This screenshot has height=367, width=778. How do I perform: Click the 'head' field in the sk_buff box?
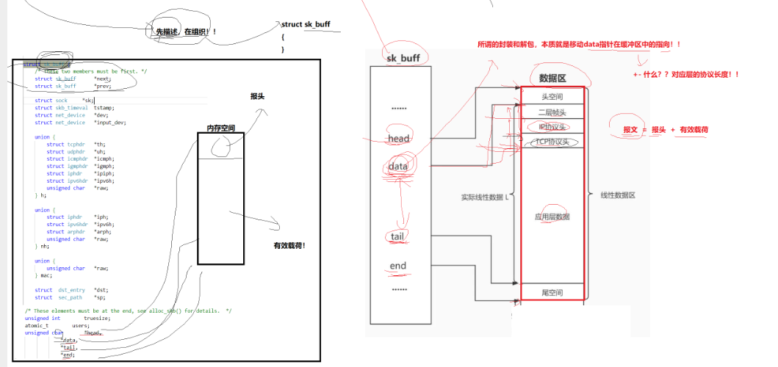click(399, 139)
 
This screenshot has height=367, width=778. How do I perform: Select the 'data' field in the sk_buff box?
click(398, 167)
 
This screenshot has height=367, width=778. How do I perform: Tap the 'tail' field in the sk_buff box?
click(398, 236)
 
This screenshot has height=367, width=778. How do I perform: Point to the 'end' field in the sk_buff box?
click(398, 266)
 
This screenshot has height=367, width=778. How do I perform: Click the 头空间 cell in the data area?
click(552, 96)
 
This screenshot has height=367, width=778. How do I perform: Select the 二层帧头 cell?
click(552, 112)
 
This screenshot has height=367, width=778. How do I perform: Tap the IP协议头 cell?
click(552, 126)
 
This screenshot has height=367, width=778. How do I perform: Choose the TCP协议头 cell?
click(552, 141)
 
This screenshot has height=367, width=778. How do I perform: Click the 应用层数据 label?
click(552, 217)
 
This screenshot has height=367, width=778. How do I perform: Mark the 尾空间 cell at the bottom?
click(552, 292)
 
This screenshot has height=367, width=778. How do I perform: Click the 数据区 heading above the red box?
click(552, 77)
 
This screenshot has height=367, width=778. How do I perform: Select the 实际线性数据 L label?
click(485, 197)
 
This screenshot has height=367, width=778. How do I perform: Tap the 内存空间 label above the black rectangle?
click(220, 128)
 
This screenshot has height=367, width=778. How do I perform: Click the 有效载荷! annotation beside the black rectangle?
click(289, 245)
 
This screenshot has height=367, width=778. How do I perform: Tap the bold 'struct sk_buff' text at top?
click(306, 24)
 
